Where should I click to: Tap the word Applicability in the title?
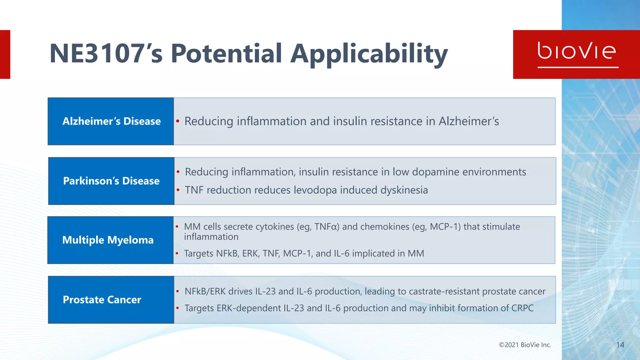click(x=369, y=54)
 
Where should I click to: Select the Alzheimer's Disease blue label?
click(x=111, y=121)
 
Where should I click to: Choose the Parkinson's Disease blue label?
click(x=111, y=181)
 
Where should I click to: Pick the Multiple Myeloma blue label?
click(x=108, y=240)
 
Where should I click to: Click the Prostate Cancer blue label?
click(x=102, y=300)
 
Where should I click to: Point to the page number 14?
click(x=620, y=345)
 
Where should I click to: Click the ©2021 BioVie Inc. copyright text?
click(x=525, y=345)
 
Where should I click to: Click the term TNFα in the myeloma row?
click(x=327, y=227)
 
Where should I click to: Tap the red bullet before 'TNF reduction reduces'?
click(x=178, y=190)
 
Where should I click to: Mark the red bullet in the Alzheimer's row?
click(x=177, y=121)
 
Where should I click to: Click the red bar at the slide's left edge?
click(x=5, y=54)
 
